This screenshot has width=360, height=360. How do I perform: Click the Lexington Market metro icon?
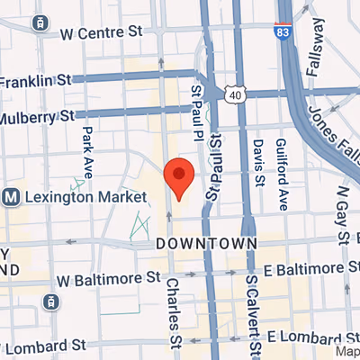[12, 196]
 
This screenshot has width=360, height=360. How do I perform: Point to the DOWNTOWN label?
[207, 244]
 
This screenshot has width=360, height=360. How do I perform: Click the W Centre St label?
[102, 34]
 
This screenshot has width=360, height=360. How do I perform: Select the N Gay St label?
[343, 217]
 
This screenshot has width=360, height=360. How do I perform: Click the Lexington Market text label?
[86, 196]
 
